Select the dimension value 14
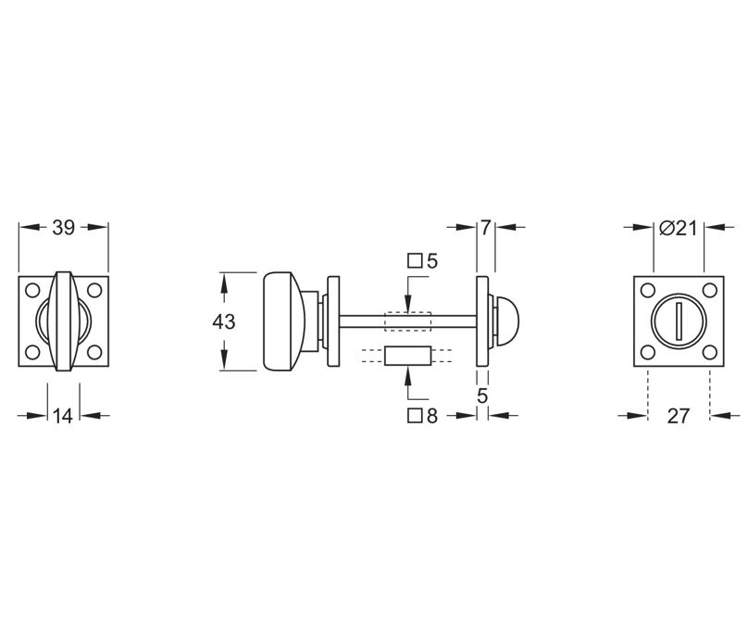(63, 416)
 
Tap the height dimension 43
(223, 322)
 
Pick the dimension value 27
(679, 416)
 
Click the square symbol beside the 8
(415, 416)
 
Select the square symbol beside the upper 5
(415, 261)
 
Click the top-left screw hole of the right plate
(648, 291)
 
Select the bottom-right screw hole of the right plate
(709, 352)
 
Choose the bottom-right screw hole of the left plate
(93, 352)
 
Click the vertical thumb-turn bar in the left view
(63, 321)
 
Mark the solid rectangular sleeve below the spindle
(408, 356)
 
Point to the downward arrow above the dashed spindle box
(408, 296)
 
